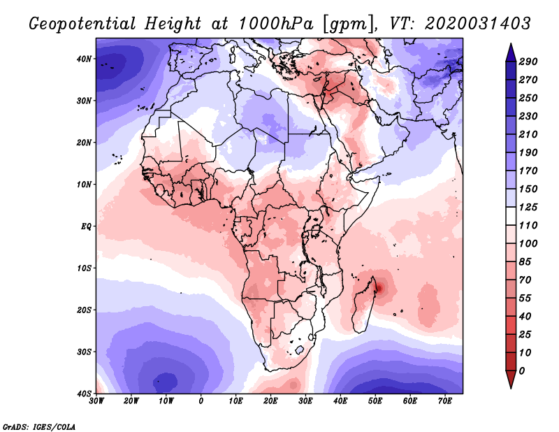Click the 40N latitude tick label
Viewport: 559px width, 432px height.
point(84,59)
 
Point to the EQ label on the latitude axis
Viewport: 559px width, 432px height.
point(85,226)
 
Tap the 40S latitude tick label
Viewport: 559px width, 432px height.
point(84,393)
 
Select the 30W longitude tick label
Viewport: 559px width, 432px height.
point(96,401)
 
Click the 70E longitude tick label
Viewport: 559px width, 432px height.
point(445,401)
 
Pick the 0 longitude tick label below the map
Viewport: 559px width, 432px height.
point(201,401)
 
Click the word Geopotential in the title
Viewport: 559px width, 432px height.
point(83,23)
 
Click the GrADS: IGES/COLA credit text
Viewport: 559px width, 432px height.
point(39,426)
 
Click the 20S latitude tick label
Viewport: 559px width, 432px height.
point(84,310)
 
